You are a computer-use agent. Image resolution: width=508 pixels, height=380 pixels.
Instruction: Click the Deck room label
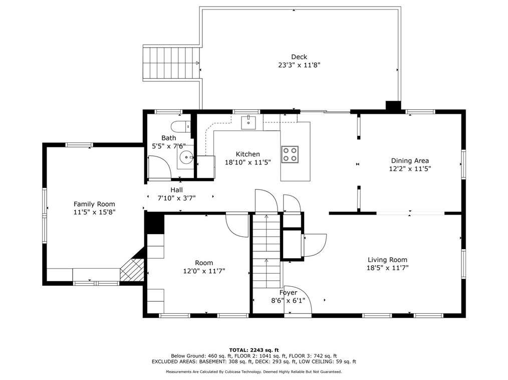coord(299,57)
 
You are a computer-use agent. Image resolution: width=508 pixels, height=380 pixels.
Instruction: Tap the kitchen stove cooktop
coord(290,154)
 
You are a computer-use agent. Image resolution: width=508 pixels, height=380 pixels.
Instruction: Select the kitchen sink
coord(248,122)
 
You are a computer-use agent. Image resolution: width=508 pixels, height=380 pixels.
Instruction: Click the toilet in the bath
coord(181,126)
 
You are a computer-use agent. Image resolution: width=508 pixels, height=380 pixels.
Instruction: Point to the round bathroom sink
coord(186,157)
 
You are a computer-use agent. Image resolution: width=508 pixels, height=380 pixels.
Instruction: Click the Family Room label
coord(94,204)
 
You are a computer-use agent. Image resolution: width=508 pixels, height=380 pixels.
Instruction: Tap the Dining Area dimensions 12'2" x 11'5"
coord(410,169)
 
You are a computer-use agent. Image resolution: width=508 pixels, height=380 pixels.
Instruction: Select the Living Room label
coord(387,260)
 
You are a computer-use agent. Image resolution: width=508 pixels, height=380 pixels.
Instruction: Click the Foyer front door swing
coord(298,300)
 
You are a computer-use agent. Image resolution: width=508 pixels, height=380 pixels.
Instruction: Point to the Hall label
coord(176,190)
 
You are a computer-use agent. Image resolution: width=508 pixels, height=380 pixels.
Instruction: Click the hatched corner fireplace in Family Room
coord(132,269)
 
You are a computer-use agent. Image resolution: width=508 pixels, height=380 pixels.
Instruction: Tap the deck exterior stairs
coord(171,63)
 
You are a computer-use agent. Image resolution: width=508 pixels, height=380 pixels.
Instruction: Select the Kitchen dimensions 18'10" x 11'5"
coord(248,162)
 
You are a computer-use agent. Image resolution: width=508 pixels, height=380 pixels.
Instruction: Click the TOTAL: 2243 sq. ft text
coord(254,350)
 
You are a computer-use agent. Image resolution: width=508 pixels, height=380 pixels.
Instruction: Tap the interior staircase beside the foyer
coord(267,251)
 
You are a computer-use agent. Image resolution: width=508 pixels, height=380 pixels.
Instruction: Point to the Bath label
coord(169,138)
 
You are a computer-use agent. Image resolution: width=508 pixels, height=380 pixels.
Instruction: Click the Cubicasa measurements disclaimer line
coord(254,372)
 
